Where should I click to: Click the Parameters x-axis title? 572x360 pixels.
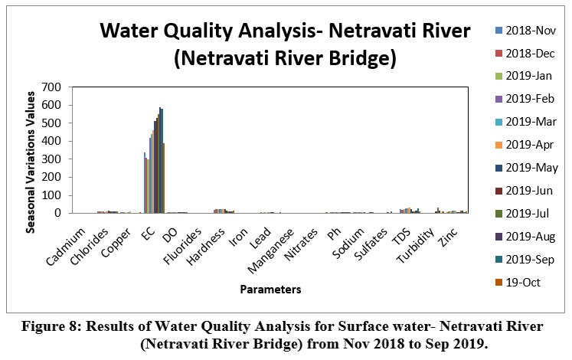tap(270, 290)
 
